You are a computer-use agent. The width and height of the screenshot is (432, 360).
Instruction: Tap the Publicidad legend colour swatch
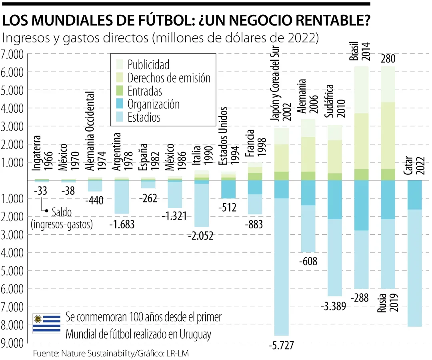pos(119,64)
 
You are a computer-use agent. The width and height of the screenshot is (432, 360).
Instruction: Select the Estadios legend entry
pos(144,117)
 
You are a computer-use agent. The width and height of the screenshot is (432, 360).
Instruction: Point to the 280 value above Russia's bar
pos(388,59)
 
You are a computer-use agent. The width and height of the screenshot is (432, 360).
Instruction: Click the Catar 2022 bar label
pos(414,164)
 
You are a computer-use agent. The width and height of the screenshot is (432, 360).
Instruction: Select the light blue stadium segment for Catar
pos(414,268)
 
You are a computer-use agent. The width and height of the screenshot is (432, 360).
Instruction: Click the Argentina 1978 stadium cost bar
pos(122,197)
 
